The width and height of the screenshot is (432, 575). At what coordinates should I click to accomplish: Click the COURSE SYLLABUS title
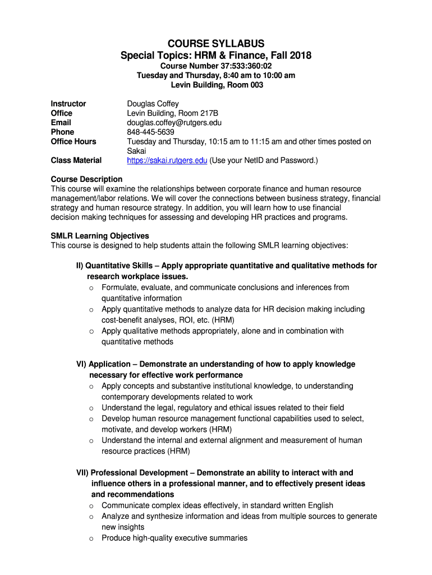216,44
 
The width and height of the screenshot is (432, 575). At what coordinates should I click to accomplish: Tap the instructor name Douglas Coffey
153,104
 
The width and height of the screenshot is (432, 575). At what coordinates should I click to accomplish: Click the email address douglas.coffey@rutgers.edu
174,122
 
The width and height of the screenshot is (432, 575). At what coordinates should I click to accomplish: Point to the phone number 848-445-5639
151,132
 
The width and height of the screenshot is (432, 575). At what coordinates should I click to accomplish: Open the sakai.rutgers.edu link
167,161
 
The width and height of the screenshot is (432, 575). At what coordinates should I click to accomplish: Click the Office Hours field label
73,142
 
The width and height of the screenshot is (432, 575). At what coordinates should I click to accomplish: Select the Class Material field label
76,161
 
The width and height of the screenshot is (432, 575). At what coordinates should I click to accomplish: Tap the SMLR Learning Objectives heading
100,236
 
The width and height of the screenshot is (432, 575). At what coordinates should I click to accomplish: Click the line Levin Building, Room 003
217,85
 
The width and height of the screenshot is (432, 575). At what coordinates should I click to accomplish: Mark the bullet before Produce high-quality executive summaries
91,539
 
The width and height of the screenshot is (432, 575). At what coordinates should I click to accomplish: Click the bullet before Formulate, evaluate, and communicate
91,288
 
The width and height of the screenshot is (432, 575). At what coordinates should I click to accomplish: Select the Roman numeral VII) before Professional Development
82,473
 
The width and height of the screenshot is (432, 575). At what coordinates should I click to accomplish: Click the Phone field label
62,132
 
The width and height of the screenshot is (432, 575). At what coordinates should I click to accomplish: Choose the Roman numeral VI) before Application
81,364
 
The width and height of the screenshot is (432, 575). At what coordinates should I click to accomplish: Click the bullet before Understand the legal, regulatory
91,408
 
